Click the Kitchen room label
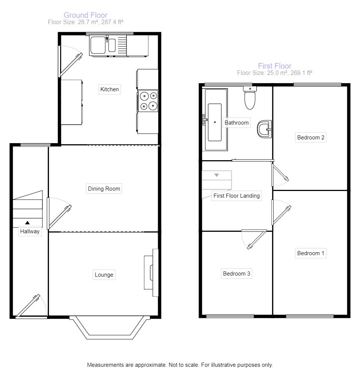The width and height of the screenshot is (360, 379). (109, 89)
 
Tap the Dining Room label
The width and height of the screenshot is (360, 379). (104, 188)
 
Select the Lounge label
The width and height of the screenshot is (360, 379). (104, 275)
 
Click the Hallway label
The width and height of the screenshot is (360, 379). (30, 231)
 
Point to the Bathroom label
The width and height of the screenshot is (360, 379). (236, 122)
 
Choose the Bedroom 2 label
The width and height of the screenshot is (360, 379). (311, 138)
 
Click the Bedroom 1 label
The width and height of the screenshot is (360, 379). (311, 253)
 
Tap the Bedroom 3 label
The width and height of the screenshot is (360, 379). (236, 274)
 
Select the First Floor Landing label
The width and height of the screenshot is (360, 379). (236, 196)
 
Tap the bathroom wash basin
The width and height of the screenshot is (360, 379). (264, 129)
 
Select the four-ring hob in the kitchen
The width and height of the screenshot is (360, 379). (148, 101)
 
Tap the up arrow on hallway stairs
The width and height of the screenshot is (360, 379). (27, 223)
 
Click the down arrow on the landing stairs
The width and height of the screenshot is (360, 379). (216, 175)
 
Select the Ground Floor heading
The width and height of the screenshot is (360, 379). (85, 15)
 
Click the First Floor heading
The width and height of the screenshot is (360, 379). (275, 66)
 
